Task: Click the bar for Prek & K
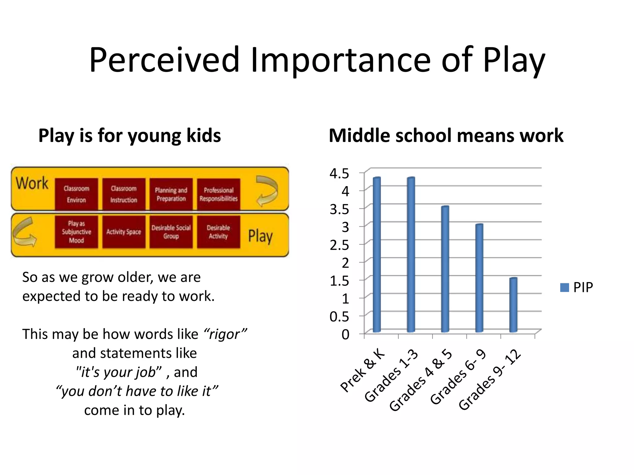[377, 255]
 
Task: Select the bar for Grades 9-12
[513, 305]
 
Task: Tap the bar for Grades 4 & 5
[445, 269]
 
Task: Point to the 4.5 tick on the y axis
[339, 173]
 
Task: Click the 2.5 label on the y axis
[339, 245]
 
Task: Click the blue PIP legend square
[565, 288]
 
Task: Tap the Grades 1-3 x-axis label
[392, 376]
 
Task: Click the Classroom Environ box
[76, 194]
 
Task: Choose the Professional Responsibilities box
[219, 194]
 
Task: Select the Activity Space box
[124, 232]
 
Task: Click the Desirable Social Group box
[171, 232]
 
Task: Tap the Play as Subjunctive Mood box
[76, 232]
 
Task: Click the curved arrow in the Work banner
[267, 190]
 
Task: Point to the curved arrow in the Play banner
[24, 233]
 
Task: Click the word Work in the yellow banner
[32, 183]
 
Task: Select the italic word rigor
[225, 334]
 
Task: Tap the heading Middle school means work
[446, 135]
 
